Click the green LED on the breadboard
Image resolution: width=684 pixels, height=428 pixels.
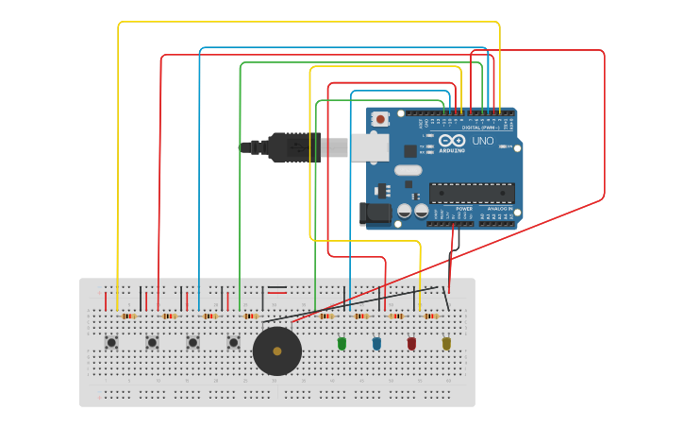[x=342, y=344]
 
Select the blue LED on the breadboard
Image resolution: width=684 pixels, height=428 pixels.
[x=376, y=344]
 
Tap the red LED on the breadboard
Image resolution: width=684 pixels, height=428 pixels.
[x=411, y=344]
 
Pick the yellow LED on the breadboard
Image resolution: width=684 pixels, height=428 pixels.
[x=446, y=344]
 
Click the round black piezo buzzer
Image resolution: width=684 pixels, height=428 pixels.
[x=277, y=351]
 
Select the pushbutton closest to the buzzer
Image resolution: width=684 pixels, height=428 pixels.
[x=233, y=342]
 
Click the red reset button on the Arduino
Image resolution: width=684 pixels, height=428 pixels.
[x=380, y=119]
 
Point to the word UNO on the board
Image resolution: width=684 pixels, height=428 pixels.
[x=482, y=141]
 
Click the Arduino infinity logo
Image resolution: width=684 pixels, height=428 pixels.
[x=452, y=142]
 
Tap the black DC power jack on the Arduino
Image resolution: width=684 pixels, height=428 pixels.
[x=375, y=214]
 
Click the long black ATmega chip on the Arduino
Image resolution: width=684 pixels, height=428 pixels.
[x=471, y=193]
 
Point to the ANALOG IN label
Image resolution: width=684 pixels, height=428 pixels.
[x=500, y=208]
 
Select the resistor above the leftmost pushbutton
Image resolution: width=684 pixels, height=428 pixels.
[x=127, y=316]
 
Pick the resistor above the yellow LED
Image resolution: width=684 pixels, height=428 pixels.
[x=430, y=316]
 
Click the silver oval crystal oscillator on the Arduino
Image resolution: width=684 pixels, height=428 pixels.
[x=408, y=171]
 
